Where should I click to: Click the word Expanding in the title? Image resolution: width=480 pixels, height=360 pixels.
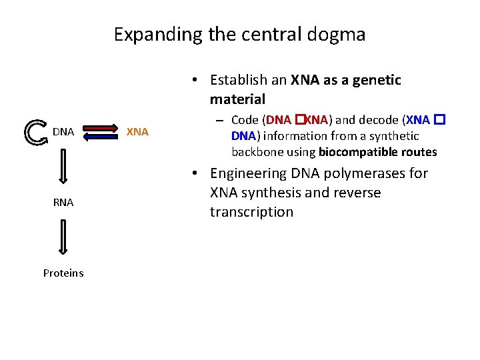click(x=158, y=34)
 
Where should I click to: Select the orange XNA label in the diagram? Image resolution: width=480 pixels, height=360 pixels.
click(x=137, y=132)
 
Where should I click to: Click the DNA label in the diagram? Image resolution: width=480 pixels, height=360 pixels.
click(x=63, y=132)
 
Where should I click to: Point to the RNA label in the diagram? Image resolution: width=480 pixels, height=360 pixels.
click(x=63, y=203)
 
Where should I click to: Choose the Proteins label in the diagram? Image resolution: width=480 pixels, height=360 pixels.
click(x=63, y=273)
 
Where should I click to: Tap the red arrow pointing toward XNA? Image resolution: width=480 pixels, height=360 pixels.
click(x=101, y=128)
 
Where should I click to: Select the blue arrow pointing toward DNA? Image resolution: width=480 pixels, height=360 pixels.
click(x=101, y=137)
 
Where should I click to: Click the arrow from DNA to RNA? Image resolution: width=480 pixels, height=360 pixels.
click(x=63, y=166)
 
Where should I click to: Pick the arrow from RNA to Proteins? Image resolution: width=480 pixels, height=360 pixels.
click(x=63, y=237)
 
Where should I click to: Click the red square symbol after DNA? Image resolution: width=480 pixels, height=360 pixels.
click(x=300, y=119)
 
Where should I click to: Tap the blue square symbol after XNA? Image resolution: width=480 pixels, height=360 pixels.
click(x=439, y=119)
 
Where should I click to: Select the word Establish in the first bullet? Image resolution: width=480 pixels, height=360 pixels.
click(x=239, y=80)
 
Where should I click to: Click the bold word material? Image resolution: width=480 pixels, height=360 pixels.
click(x=237, y=99)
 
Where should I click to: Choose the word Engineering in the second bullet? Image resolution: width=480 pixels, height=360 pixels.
click(x=248, y=174)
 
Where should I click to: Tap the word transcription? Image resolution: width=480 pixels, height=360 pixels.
click(x=251, y=212)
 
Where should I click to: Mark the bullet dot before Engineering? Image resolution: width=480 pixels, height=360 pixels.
click(x=195, y=173)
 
